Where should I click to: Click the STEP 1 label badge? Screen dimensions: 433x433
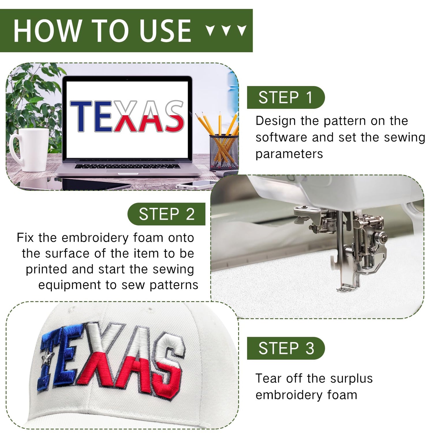286,97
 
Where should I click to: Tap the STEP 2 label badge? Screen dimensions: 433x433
167,214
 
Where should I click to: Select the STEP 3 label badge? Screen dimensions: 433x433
286,348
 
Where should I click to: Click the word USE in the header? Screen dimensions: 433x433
165,30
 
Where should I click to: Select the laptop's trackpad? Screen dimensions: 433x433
128,171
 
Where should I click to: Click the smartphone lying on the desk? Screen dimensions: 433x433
196,185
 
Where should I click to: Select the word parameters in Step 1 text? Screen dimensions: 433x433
289,154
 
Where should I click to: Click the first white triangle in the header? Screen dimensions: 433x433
211,30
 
